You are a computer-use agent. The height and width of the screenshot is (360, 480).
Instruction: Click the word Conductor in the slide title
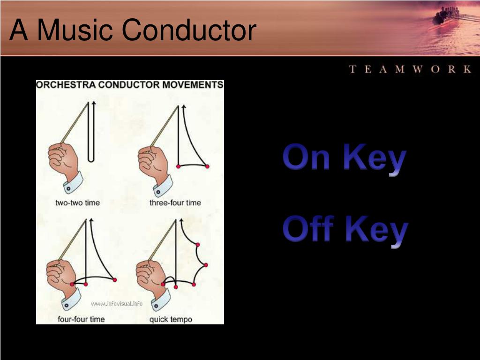[x=189, y=30]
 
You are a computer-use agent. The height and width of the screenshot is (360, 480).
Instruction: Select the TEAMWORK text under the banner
[x=410, y=69]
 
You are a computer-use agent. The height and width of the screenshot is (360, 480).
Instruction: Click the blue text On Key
[x=345, y=158]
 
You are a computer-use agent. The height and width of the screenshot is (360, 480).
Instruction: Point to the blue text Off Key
[x=345, y=230]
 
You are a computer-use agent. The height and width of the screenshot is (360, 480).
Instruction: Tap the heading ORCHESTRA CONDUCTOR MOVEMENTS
[x=130, y=85]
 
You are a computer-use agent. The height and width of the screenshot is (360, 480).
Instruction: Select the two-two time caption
[x=77, y=202]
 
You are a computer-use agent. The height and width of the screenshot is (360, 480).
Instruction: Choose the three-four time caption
[x=175, y=202]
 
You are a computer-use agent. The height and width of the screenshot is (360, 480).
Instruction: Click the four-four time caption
[x=81, y=319]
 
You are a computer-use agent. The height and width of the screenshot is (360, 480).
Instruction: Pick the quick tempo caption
[x=171, y=320]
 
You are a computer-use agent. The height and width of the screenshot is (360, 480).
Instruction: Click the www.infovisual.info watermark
[x=117, y=304]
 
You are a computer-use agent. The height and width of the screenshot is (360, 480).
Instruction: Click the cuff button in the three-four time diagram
[x=158, y=192]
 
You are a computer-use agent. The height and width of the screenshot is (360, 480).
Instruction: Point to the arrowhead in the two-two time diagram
[x=94, y=103]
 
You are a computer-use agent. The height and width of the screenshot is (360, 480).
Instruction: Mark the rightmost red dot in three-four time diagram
[x=207, y=166]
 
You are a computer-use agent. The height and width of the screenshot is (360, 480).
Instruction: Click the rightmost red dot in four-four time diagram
[x=115, y=280]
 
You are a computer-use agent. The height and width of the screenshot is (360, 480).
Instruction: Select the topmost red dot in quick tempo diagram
[x=198, y=245]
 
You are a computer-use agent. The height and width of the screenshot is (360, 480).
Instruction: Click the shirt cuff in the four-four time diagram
[x=71, y=300]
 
